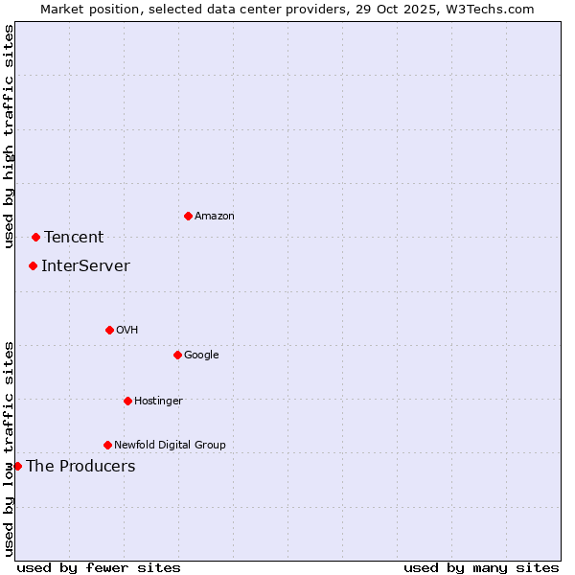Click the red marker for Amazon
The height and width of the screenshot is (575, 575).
coord(188,216)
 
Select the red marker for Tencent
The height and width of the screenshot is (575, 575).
coord(35,237)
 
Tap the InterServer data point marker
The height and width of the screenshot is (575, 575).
coord(33,265)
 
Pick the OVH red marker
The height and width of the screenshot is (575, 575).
coord(109,330)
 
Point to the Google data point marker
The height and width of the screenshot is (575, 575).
coord(177,355)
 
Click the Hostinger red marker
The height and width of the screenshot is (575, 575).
coord(127,401)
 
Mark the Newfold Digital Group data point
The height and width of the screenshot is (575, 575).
coord(107,445)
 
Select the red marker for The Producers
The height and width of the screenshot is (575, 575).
coord(17,466)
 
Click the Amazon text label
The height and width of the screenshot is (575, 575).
coord(215,217)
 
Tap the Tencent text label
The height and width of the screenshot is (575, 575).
coord(74,238)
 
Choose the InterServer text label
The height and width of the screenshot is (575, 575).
coord(85,266)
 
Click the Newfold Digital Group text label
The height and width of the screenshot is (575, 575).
coord(170,445)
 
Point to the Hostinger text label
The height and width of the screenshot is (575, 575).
coord(158,401)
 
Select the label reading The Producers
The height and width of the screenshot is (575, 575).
coord(80,467)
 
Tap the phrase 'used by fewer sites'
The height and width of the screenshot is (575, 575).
coord(99,567)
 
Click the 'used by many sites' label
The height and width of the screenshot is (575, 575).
coord(481,567)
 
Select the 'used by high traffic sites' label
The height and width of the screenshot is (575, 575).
coord(9,136)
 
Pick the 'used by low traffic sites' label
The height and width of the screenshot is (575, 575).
coord(9,448)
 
